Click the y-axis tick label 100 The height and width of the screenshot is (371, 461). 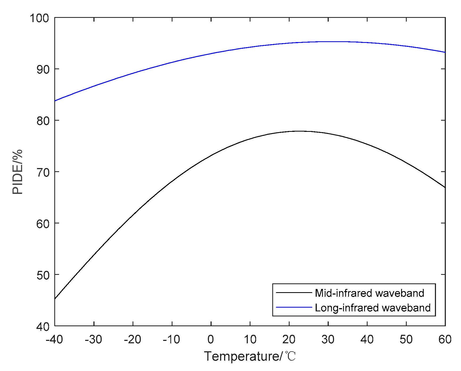(39, 18)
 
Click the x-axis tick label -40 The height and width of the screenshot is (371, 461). (54, 340)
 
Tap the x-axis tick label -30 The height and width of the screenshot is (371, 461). (93, 340)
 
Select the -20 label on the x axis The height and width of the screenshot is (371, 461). (133, 340)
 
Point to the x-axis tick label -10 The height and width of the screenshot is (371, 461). (172, 340)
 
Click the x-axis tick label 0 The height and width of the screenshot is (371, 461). (211, 340)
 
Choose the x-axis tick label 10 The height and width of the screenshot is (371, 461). (250, 340)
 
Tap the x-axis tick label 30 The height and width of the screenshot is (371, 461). (328, 340)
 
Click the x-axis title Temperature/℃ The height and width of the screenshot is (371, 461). (250, 356)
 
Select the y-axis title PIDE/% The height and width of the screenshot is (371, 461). (18, 172)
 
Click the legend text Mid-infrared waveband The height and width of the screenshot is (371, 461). (369, 293)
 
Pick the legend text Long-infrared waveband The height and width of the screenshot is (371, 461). (373, 308)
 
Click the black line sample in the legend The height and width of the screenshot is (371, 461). (294, 293)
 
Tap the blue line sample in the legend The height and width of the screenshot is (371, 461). (294, 307)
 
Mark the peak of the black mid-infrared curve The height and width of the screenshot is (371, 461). (299, 131)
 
